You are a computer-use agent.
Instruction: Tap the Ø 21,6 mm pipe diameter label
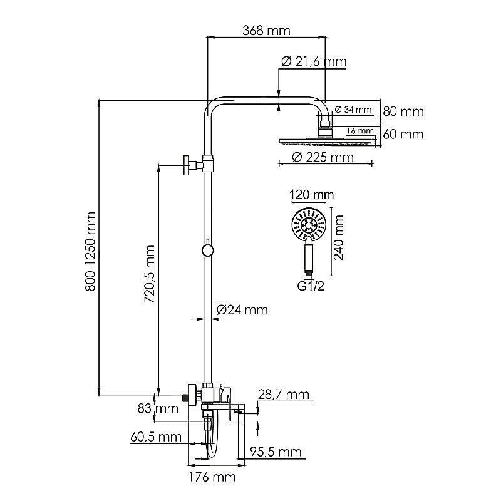[314, 61]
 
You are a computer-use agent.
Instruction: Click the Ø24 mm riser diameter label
[242, 309]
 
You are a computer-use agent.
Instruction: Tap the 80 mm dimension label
[403, 112]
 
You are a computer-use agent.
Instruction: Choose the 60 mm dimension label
[403, 134]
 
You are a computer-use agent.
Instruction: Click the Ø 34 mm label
[353, 110]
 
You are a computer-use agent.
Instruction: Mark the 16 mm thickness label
[359, 131]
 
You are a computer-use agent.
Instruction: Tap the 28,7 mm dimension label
[284, 394]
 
